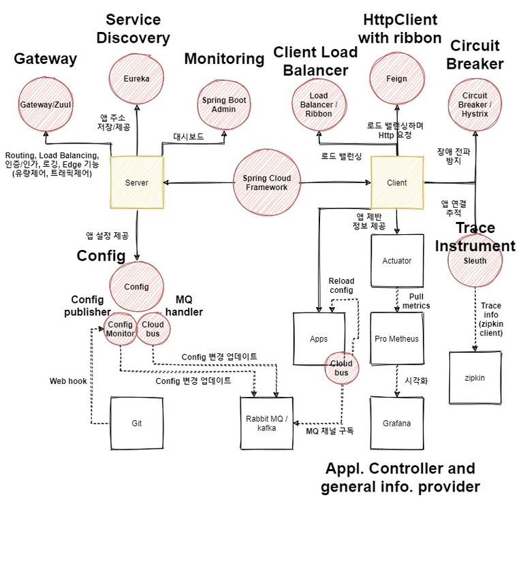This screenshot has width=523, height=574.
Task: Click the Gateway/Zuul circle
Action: click(x=46, y=105)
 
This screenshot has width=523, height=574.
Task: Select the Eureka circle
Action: click(x=137, y=79)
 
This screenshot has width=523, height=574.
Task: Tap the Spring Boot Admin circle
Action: click(x=224, y=105)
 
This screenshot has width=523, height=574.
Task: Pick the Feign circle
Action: click(x=396, y=79)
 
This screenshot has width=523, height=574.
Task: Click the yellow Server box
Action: click(x=137, y=182)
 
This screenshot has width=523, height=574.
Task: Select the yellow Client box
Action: click(x=396, y=182)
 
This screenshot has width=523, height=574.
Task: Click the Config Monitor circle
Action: click(x=120, y=329)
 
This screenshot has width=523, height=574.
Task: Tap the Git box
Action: click(x=137, y=424)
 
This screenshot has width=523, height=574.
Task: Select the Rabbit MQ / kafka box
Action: click(x=266, y=423)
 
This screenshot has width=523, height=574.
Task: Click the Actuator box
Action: click(x=396, y=261)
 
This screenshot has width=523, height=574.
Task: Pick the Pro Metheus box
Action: click(x=396, y=339)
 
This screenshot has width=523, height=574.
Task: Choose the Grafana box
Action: click(x=396, y=424)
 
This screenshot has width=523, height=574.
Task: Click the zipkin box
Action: click(x=475, y=378)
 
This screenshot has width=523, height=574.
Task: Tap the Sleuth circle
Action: click(x=475, y=259)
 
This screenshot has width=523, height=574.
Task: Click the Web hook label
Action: click(x=68, y=381)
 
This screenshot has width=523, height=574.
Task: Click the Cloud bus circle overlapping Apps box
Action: click(x=341, y=368)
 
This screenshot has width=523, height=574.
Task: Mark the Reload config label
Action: click(x=341, y=285)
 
